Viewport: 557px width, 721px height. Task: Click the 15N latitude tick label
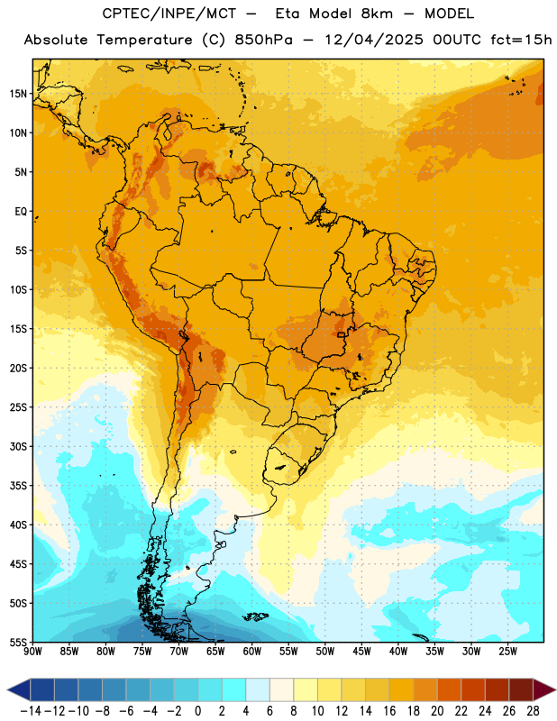click(x=18, y=94)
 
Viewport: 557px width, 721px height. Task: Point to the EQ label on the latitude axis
click(x=21, y=212)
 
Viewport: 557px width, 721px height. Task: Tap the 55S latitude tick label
click(x=18, y=642)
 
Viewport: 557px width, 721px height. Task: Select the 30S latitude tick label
click(x=18, y=446)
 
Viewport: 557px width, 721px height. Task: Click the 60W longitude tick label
click(x=252, y=651)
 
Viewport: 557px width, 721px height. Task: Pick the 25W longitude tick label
click(x=507, y=651)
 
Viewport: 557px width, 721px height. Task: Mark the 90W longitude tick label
click(x=32, y=651)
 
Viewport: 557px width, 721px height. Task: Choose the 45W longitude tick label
click(x=361, y=651)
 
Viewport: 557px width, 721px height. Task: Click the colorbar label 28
click(x=533, y=711)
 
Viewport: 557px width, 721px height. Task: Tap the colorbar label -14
click(x=31, y=711)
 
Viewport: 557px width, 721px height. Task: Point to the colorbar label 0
click(x=197, y=711)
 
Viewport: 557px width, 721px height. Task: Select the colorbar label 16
click(x=389, y=711)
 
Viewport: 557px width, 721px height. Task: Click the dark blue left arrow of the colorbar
click(x=18, y=689)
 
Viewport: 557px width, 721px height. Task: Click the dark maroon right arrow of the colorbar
click(x=544, y=689)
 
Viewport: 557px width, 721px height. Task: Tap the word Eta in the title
click(x=288, y=14)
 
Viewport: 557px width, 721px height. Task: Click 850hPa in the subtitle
click(x=263, y=40)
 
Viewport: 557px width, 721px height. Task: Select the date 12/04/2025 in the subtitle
click(x=374, y=40)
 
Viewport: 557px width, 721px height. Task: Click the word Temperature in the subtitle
click(x=144, y=40)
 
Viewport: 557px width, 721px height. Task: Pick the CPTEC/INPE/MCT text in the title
click(x=169, y=14)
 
